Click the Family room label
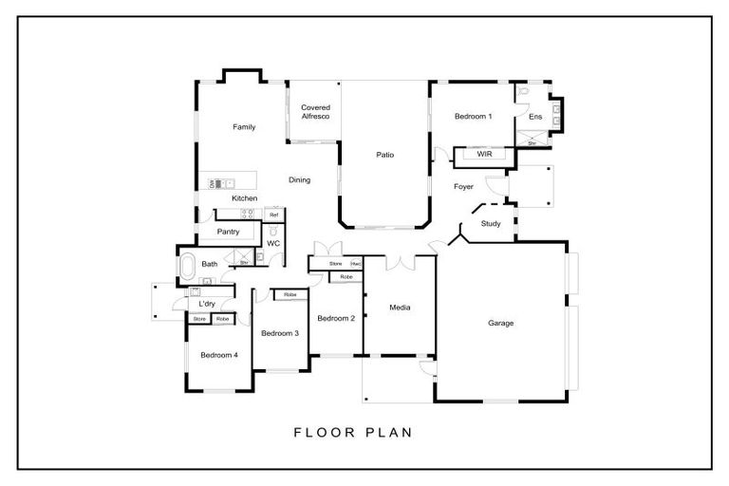point(244,126)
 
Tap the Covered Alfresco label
point(315,112)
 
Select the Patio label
point(383,155)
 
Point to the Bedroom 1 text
point(473,117)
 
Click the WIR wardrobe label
point(484,154)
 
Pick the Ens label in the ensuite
point(535,117)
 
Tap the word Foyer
point(463,187)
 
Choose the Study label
point(491,224)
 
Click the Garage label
point(500,324)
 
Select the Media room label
point(400,308)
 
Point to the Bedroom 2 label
point(336,318)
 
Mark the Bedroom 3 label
point(280,333)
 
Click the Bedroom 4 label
point(218,355)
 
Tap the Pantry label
point(228,232)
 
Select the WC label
point(273,244)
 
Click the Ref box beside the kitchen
point(273,215)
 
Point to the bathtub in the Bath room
point(187,264)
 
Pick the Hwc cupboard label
point(356,263)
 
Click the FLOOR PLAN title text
point(352,433)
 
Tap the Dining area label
point(299,179)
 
